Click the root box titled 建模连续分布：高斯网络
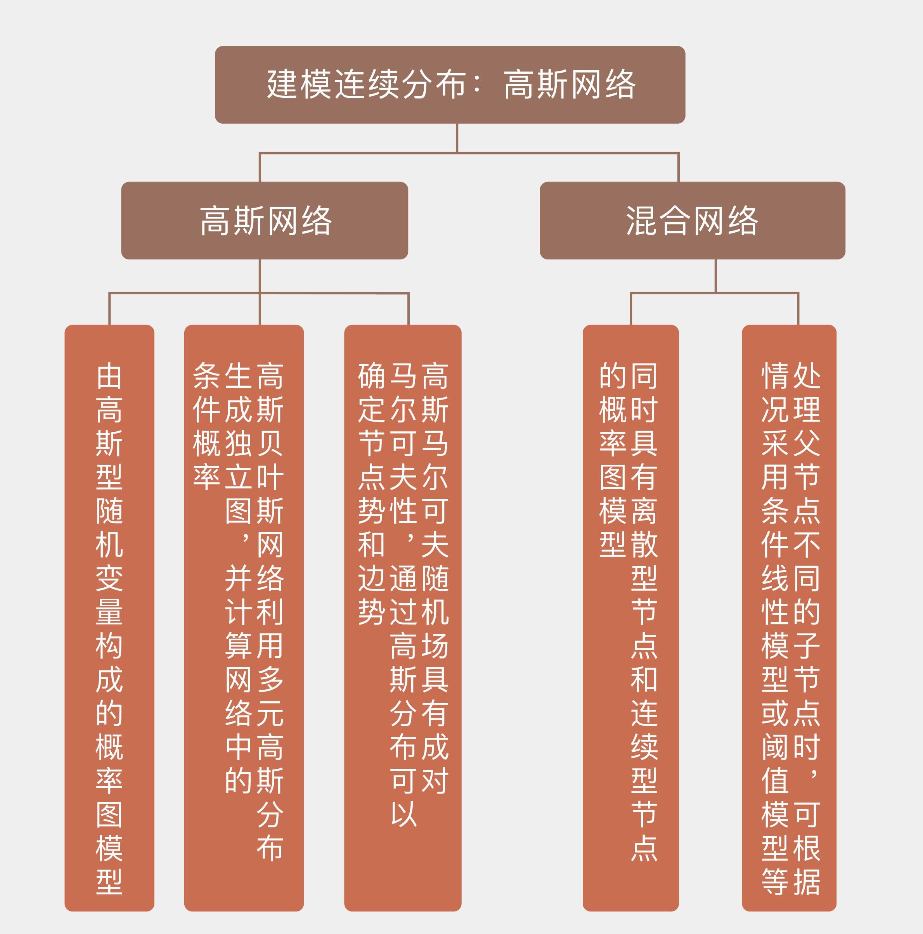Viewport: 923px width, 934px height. (x=450, y=85)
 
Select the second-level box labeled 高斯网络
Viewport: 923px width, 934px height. (x=265, y=220)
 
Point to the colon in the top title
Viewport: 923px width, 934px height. (x=478, y=85)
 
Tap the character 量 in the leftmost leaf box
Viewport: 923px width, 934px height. (x=109, y=612)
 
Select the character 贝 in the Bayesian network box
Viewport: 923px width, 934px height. (x=270, y=443)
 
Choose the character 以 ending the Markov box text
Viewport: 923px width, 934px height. (x=403, y=814)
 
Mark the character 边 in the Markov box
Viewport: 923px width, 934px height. (x=371, y=578)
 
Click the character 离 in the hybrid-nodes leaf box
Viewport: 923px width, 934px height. (x=644, y=511)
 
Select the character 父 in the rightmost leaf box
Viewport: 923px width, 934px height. (x=806, y=443)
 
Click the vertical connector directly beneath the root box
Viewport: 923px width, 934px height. (x=457, y=138)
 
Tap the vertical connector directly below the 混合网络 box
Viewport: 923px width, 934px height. (x=715, y=275)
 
